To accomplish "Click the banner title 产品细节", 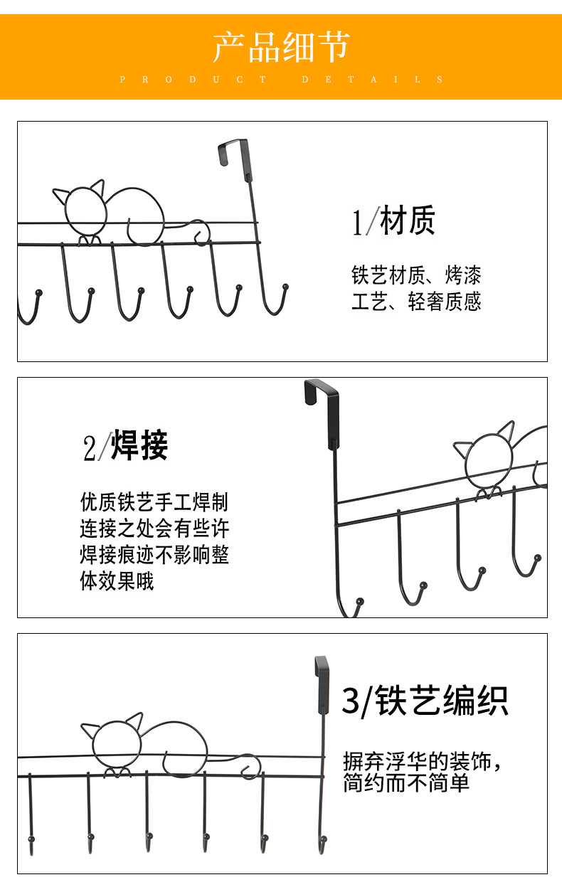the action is point(281,47).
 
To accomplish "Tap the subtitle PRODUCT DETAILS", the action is point(281,80).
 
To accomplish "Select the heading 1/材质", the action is point(393,221).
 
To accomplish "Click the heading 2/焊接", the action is point(125,447).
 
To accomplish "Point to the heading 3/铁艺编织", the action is point(425,701).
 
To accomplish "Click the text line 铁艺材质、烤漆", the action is point(416,275).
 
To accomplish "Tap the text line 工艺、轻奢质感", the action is point(416,302).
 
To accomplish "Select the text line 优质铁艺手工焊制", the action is point(154,502).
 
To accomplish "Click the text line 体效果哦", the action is point(117,582).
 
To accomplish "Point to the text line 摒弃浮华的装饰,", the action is point(423,761).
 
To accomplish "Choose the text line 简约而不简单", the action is point(406,784).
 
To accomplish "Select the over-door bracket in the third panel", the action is point(322,679).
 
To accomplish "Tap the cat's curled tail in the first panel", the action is point(201,233).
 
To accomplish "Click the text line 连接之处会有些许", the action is point(154,529).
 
